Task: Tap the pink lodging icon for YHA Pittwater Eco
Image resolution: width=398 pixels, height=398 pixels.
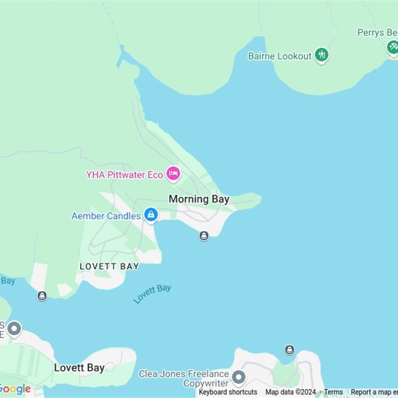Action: pos(173,174)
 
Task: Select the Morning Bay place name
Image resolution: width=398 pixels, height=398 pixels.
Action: pos(199,199)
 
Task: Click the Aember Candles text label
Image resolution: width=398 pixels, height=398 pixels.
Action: pos(106,216)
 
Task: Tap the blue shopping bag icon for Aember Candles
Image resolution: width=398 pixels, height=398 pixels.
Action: pos(151,215)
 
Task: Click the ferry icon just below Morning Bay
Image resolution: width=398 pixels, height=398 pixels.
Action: pos(203,236)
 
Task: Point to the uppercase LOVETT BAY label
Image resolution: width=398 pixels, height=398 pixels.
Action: pos(109,267)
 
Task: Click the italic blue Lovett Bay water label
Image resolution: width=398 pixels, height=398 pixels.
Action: pos(152,294)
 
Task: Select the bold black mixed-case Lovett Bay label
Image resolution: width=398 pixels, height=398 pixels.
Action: pos(79,368)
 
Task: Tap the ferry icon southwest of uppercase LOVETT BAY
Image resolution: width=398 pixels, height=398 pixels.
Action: pos(42,296)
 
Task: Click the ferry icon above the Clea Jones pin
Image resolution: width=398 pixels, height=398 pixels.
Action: pos(290,350)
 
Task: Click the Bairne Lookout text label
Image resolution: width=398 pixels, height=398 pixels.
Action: pos(280,56)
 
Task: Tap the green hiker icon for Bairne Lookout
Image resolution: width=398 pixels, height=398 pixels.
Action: pos(322,55)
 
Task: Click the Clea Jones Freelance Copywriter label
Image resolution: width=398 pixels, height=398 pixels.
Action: pos(184,379)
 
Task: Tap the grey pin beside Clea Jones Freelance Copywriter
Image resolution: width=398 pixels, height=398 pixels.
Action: pos(239,377)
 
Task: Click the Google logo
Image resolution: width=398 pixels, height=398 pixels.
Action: pos(15,389)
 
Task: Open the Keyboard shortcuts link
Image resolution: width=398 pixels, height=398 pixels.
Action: pos(228,392)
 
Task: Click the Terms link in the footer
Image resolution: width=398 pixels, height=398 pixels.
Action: pos(333,392)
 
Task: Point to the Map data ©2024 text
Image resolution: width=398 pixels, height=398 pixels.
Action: pos(291,392)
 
